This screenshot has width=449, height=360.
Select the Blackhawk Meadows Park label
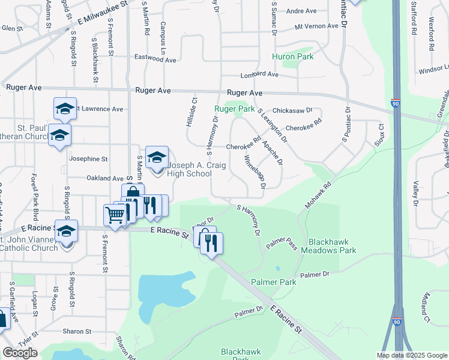333,246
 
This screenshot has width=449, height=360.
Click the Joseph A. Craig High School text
190,170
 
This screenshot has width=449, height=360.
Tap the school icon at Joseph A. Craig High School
157,158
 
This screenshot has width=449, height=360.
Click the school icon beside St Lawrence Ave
65,109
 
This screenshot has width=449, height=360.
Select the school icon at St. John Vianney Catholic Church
66,231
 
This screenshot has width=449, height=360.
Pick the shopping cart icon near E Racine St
114,214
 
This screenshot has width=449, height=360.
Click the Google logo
20,353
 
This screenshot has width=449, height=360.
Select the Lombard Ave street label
260,75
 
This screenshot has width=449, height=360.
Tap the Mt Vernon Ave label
316,26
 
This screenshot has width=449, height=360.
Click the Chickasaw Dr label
292,110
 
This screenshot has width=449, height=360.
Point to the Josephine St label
88,160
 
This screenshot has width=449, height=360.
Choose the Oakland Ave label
104,178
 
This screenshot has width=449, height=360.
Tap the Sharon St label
77,331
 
